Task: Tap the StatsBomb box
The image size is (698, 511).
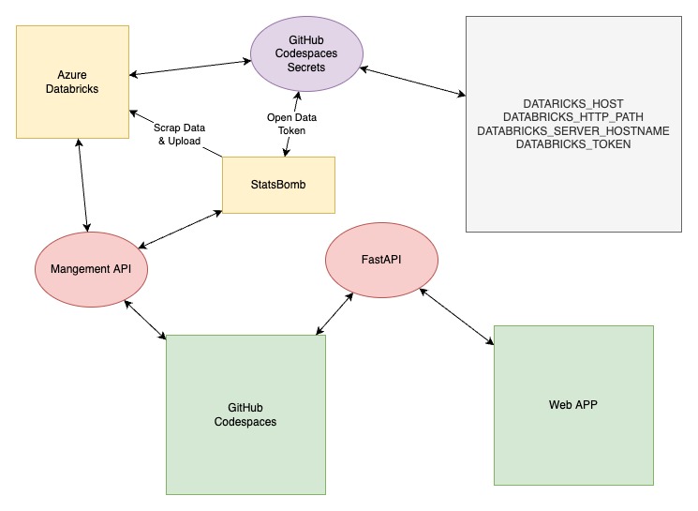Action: click(x=278, y=183)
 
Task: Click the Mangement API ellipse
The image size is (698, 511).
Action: click(x=91, y=269)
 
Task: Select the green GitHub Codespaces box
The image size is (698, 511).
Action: click(x=245, y=414)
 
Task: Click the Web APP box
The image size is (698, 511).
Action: click(x=572, y=405)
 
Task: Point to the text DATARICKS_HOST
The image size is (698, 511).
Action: click(x=572, y=103)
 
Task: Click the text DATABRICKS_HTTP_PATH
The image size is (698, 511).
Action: click(x=572, y=117)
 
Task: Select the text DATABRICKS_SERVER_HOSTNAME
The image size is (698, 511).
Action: click(x=572, y=131)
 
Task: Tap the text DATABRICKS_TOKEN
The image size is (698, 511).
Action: click(x=572, y=145)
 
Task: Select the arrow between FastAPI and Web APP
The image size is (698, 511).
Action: click(x=456, y=318)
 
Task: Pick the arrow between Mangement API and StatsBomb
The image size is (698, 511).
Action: click(x=180, y=229)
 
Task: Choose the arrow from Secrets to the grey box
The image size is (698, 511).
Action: click(x=412, y=81)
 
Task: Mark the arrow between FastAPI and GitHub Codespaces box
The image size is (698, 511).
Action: click(x=335, y=312)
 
